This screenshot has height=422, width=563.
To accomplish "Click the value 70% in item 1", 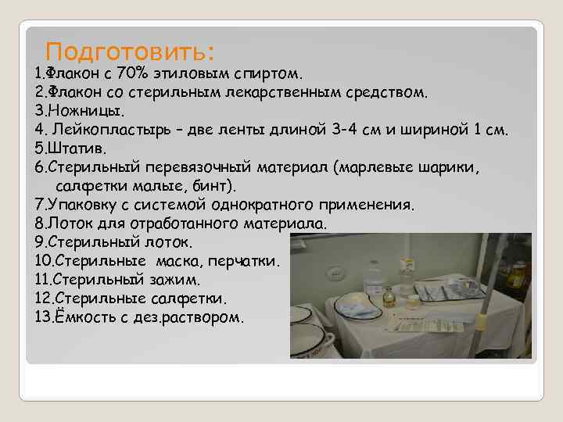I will click(132, 74).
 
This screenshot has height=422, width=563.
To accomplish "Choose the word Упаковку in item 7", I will click(85, 204).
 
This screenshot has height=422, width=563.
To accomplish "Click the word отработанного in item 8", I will click(192, 223).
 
